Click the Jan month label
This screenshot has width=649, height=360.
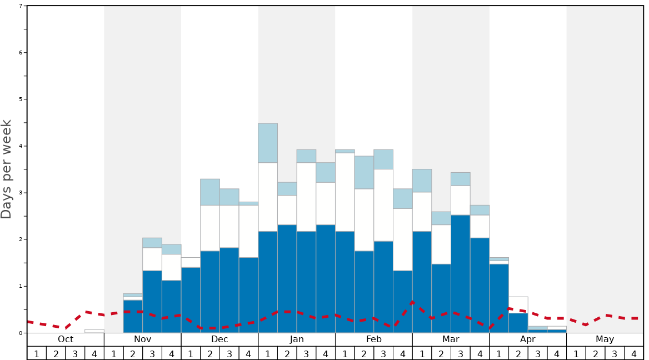[297, 339]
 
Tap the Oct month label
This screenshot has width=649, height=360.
[66, 339]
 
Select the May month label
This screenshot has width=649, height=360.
[605, 339]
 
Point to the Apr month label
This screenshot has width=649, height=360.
[528, 339]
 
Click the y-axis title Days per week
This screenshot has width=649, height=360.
[7, 169]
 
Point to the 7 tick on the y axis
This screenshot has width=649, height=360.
[21, 6]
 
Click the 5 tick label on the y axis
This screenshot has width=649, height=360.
[21, 99]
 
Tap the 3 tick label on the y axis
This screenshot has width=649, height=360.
[21, 193]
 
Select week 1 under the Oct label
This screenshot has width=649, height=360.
[37, 353]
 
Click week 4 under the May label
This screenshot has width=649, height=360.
[633, 353]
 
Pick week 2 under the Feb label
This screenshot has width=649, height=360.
[364, 353]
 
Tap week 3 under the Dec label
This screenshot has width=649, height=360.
[229, 353]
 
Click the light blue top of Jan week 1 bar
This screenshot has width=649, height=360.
[268, 143]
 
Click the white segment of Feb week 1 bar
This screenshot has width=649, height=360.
[345, 192]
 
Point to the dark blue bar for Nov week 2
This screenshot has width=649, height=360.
[133, 317]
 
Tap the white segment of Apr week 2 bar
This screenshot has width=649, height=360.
[518, 305]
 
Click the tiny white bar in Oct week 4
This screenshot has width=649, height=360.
[94, 331]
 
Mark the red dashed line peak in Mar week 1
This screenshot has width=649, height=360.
[412, 302]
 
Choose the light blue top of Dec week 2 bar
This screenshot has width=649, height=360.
[210, 192]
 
